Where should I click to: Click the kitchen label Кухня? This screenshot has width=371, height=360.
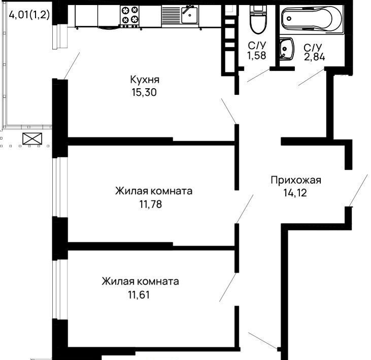tap(145, 80)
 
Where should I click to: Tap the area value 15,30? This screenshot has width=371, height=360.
tap(144, 92)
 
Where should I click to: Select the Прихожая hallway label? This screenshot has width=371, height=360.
tap(296, 181)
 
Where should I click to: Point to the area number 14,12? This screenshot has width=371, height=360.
tap(295, 193)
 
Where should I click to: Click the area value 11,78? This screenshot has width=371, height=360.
tap(151, 204)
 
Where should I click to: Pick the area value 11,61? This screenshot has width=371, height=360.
tap(139, 295)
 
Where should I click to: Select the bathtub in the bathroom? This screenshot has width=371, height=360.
tap(312, 19)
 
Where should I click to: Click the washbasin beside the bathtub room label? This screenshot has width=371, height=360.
tap(287, 49)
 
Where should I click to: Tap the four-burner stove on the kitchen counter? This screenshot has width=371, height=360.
tap(129, 15)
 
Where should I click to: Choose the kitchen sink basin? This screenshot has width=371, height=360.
tap(189, 14)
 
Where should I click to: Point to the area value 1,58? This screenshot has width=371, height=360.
tap(257, 56)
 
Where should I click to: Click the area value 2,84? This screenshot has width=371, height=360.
tap(315, 57)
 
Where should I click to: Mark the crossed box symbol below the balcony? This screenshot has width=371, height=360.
tap(32, 138)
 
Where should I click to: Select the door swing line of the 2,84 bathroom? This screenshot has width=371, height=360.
tap(312, 77)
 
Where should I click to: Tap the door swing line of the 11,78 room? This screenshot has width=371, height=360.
tap(245, 209)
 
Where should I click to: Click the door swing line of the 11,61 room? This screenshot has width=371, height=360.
tap(227, 287)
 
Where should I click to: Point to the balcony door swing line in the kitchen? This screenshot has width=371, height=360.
tap(72, 66)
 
